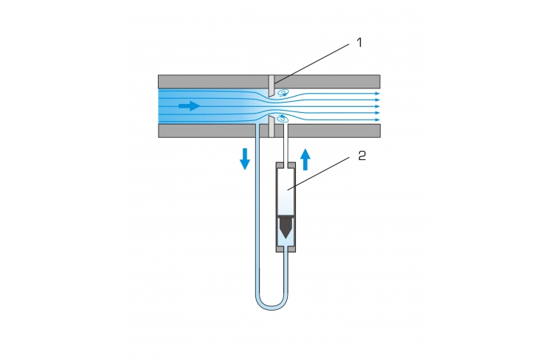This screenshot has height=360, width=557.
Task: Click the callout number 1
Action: [359, 43]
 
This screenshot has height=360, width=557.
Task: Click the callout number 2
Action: [362, 156]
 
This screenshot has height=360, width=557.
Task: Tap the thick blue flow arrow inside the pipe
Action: [190, 105]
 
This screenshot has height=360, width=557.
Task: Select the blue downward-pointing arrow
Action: [245, 159]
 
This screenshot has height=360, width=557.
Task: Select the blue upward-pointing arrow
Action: [305, 159]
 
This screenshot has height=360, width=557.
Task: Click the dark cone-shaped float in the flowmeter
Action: [286, 227]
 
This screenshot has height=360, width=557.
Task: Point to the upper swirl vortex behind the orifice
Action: [283, 93]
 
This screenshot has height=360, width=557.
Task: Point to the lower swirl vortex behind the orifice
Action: [283, 118]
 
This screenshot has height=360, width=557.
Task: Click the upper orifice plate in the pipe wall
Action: [271, 86]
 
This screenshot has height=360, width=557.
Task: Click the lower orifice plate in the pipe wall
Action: [271, 126]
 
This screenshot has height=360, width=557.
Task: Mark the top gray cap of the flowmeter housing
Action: [286, 165]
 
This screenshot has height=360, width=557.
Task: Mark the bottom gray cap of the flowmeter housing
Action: [286, 249]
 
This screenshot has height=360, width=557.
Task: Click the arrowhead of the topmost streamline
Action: [378, 94]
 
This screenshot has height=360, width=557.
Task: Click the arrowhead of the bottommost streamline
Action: [378, 120]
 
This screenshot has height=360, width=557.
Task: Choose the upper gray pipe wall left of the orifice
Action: [213, 82]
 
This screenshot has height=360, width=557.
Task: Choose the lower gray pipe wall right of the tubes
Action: [334, 131]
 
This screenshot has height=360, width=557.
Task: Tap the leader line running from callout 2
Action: [319, 173]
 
